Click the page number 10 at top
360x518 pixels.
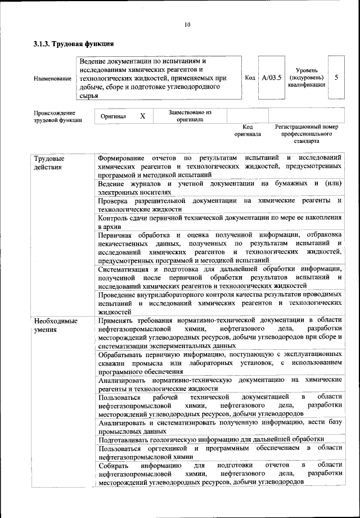click(187, 24)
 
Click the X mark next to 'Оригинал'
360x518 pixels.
click(142, 116)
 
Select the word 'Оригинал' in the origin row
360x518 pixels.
click(113, 116)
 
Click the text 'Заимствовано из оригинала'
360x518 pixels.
click(190, 116)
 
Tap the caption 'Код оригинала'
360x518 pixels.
click(247, 131)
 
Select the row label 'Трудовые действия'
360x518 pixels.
click(48, 163)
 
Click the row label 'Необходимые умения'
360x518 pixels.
click(56, 325)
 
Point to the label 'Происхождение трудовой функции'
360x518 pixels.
click(57, 116)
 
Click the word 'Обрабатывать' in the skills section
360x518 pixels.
click(121, 355)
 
